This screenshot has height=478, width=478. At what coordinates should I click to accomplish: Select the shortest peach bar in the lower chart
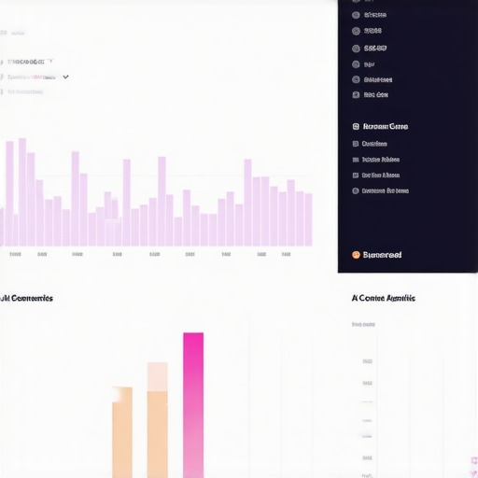coord(122,433)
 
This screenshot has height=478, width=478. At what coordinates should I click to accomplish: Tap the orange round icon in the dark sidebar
coord(356,254)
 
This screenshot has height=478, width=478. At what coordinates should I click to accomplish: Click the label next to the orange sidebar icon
coord(382,254)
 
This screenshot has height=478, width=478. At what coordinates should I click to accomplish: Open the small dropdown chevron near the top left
coord(65,77)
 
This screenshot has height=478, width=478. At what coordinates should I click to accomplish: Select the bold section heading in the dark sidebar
coord(385,126)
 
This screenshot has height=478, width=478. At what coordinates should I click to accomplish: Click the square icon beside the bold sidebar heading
coord(356,126)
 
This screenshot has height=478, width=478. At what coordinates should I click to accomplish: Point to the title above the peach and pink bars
coord(27,298)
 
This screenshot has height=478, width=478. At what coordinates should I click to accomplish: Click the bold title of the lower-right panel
coord(383,298)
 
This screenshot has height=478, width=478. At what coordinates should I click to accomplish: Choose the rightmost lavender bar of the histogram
coord(308,219)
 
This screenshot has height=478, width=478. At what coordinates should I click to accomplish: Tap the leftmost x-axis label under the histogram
coord(15,254)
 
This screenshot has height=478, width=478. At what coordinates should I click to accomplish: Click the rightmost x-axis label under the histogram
coord(285,254)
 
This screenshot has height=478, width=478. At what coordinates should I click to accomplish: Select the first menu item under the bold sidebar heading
coord(374,144)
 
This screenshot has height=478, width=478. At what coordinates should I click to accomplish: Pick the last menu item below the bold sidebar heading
coord(385,190)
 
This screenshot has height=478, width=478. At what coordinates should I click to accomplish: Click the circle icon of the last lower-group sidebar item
coord(356,190)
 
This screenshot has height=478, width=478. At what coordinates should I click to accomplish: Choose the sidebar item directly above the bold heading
coord(376,94)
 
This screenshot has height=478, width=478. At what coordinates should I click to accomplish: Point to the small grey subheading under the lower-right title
coord(363,325)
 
